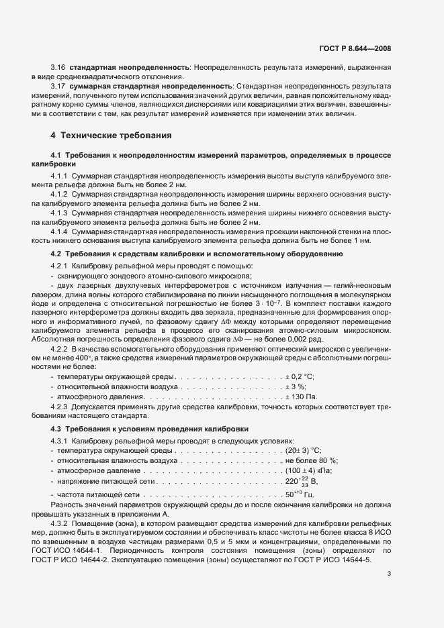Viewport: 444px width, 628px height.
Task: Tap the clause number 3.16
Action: [58, 68]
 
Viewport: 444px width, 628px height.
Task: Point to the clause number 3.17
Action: [58, 87]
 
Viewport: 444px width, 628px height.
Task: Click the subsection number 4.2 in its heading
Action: [57, 254]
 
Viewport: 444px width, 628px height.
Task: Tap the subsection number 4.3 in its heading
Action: [57, 428]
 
